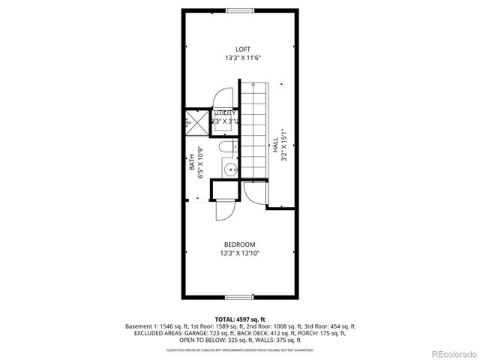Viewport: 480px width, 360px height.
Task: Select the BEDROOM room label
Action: click(x=240, y=244)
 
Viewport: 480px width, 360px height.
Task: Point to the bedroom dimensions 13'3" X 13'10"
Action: click(x=240, y=253)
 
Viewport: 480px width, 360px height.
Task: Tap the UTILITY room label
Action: click(x=224, y=112)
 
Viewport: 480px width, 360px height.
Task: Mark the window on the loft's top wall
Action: click(x=240, y=10)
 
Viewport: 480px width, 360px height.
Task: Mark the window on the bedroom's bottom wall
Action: click(x=240, y=298)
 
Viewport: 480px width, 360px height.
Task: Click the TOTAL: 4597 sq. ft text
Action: click(x=239, y=319)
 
